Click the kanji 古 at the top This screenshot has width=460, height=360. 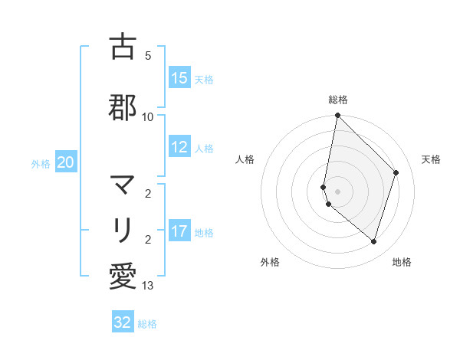click(x=123, y=47)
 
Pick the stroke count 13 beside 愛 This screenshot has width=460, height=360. click(x=148, y=286)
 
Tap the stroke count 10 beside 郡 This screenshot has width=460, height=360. click(x=148, y=116)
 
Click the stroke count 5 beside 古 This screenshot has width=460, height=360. click(x=148, y=56)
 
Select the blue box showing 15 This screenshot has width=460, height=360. click(x=179, y=78)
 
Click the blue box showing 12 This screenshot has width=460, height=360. click(x=179, y=147)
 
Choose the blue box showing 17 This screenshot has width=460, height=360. click(x=179, y=231)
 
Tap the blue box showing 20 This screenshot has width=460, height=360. click(x=66, y=162)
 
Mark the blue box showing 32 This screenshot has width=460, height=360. click(x=123, y=322)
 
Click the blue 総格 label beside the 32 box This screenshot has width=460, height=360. click(x=147, y=324)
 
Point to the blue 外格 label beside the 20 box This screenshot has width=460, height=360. click(x=41, y=163)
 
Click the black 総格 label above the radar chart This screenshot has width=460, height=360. click(x=338, y=100)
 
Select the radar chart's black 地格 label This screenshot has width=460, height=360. click(x=402, y=262)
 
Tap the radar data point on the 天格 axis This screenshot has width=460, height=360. click(x=396, y=172)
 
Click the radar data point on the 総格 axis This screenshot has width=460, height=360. click(x=338, y=116)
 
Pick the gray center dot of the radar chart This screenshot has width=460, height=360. click(x=338, y=191)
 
